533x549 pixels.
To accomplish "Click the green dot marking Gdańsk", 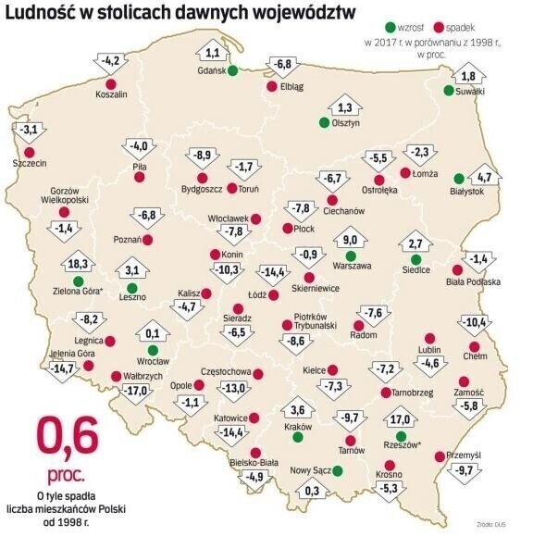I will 232,71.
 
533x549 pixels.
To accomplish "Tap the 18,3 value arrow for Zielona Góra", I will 78,264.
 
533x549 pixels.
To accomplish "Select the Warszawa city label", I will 352,266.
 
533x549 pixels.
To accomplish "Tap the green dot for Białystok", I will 459,179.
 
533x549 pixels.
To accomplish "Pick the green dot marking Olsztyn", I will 324,121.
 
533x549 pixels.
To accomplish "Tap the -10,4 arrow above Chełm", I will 475,323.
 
